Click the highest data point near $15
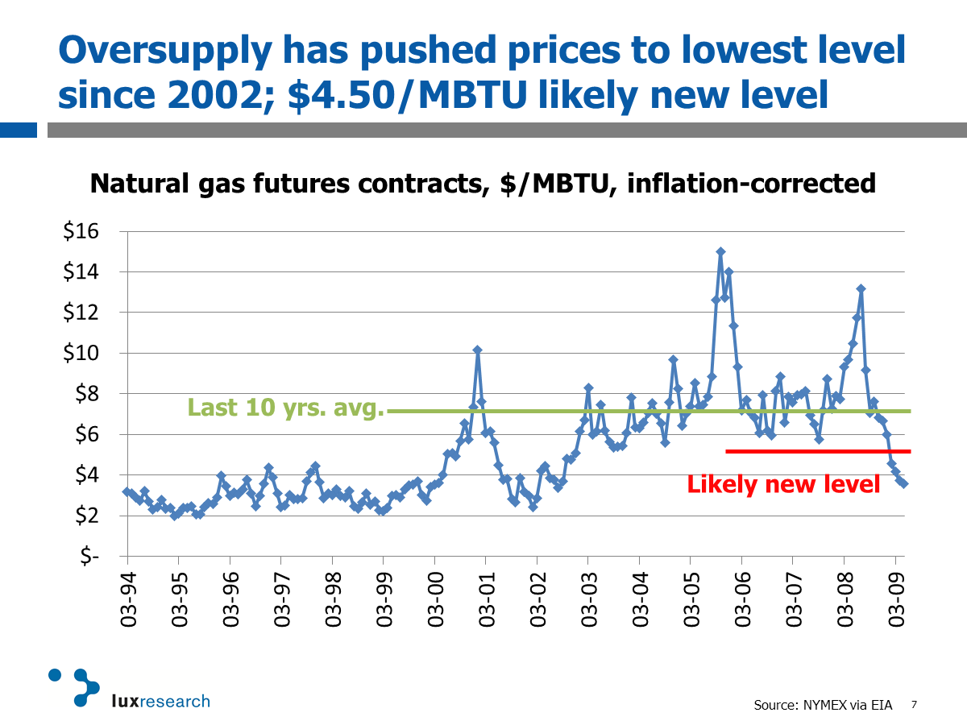point(720,252)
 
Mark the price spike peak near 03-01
point(477,350)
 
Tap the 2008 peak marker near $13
point(861,288)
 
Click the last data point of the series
point(904,484)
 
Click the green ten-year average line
point(645,411)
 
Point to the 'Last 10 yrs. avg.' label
point(285,408)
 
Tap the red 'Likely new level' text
point(783,484)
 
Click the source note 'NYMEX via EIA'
point(845,705)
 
